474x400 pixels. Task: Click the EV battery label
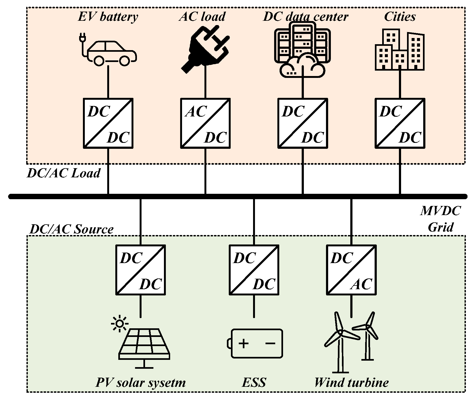[108, 17]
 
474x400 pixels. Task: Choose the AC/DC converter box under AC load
[205, 123]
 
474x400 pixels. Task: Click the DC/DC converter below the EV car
[108, 123]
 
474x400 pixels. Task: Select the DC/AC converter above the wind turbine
[351, 270]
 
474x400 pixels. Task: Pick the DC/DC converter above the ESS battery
[254, 270]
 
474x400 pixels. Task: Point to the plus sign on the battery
[243, 343]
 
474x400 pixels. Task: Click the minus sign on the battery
[270, 343]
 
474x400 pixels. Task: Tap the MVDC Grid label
[441, 219]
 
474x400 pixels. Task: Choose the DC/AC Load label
[64, 173]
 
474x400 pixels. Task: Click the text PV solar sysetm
[141, 382]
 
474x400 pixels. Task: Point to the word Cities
[400, 17]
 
